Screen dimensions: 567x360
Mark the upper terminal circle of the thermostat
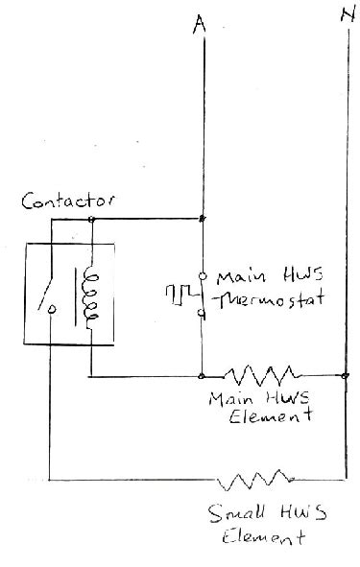(202, 274)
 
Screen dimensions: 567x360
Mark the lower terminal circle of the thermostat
(202, 315)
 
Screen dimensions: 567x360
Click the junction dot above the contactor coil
(91, 219)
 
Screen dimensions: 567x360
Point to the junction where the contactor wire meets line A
(202, 219)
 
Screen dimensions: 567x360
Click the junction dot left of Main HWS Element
(202, 374)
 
